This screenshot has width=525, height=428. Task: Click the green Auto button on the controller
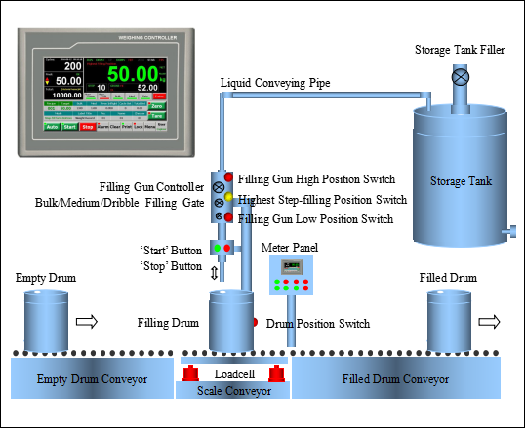click(52, 127)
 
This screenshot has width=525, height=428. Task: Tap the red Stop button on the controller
click(87, 127)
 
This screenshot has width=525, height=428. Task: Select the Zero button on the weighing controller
click(157, 105)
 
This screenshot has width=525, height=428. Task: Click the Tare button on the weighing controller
click(157, 115)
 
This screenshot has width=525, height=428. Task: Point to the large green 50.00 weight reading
click(133, 74)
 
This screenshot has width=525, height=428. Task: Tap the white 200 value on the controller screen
click(72, 66)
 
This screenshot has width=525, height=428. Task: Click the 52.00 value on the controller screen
click(147, 87)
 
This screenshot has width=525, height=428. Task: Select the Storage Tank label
click(461, 181)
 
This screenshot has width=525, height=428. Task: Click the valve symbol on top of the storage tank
click(461, 75)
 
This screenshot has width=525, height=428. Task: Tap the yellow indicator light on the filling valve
click(228, 197)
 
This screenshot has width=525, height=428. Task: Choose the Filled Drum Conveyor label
click(395, 378)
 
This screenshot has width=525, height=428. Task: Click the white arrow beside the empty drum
click(87, 321)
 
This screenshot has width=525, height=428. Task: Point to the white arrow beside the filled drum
click(489, 321)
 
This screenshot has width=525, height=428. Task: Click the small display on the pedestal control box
click(290, 266)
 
